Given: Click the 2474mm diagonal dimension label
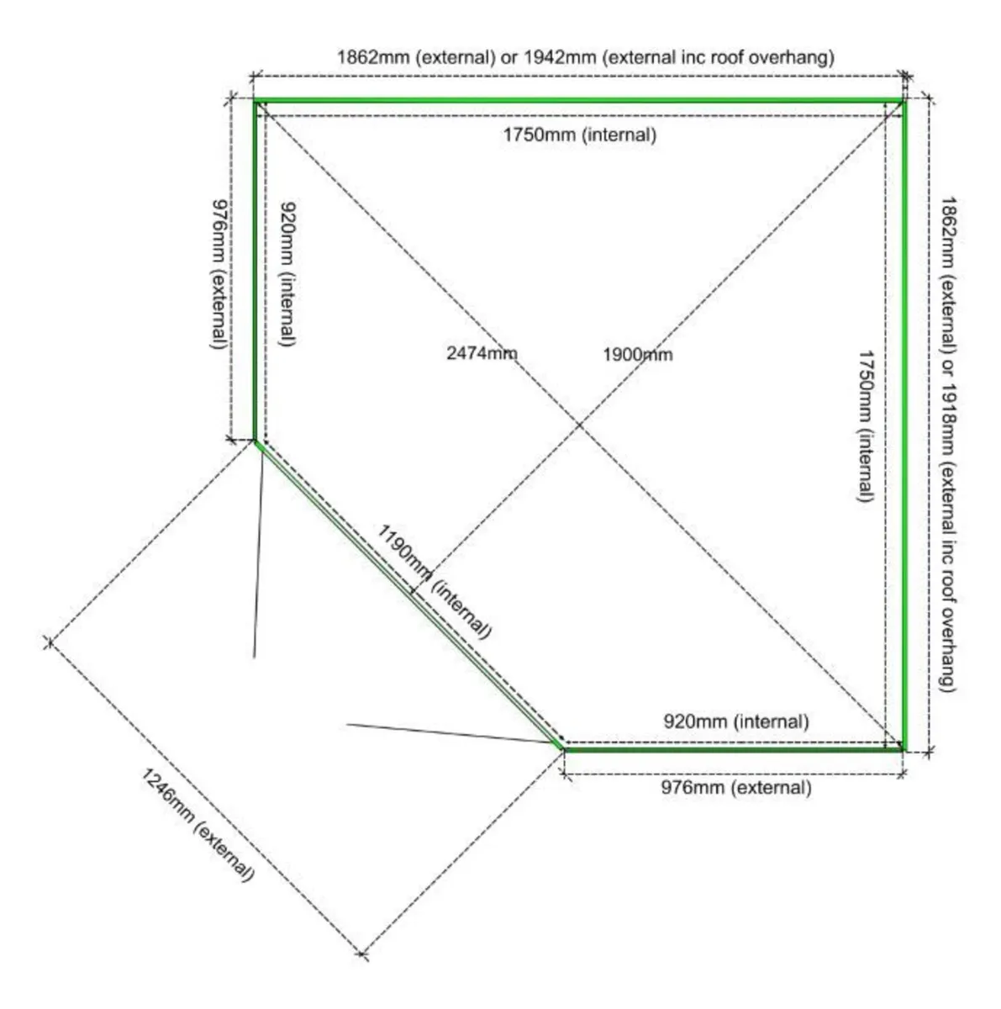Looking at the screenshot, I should (481, 353).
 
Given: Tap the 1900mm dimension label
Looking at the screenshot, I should (637, 354).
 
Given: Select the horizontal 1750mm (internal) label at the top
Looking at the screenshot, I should (580, 134).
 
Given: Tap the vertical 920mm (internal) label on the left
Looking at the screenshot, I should (287, 274).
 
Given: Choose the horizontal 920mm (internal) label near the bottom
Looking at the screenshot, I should (736, 721).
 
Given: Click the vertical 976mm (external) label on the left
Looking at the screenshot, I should (219, 274).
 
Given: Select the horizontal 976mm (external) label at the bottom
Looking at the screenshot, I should (736, 788).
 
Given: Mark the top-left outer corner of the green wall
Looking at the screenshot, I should (255, 100).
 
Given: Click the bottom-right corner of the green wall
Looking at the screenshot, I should (904, 748).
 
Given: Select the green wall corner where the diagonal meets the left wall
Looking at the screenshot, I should (256, 441).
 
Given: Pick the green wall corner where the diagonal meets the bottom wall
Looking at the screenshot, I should (561, 746).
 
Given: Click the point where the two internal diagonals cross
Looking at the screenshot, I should (579, 425).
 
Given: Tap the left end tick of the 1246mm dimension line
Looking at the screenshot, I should (48, 642).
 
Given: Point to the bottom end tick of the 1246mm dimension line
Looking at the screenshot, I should (363, 954).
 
